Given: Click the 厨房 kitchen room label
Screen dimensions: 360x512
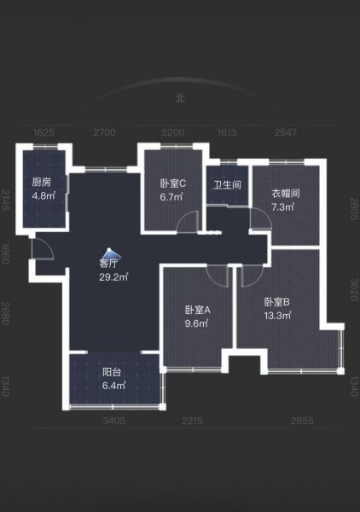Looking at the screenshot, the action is coord(42,183).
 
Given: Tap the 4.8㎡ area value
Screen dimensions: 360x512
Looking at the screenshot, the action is coord(44,196).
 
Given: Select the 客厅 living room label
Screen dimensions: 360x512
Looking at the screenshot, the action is coord(108,263).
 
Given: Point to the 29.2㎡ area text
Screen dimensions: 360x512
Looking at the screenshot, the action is coord(113,277).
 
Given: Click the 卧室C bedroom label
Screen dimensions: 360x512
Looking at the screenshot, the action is coord(173,183).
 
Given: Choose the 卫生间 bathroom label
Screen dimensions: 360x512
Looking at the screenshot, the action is coord(227,185).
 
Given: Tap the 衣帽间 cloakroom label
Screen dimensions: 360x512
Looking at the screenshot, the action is coord(286,194).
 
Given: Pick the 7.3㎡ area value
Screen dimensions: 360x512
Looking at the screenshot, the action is coord(283,207).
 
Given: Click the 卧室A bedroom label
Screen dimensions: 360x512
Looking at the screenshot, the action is coord(198,310).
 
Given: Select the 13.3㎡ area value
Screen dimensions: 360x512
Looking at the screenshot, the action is coord(278,316).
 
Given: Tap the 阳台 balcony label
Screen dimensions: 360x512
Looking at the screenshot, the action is coord(112,372).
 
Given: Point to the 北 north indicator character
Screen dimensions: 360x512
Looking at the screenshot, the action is coord(180,98).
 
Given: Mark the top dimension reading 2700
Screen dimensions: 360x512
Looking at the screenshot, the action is coord(104,132).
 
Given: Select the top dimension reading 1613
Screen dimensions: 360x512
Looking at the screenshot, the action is coord(227,132).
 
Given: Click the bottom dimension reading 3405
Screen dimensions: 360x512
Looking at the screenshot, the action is coord(114,421).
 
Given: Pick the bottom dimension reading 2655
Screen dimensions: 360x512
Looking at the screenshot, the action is coord(302,421).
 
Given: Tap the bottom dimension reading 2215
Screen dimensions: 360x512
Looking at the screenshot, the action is coord(192,421).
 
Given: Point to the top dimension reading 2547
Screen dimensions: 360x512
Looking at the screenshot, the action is coord(286,132).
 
